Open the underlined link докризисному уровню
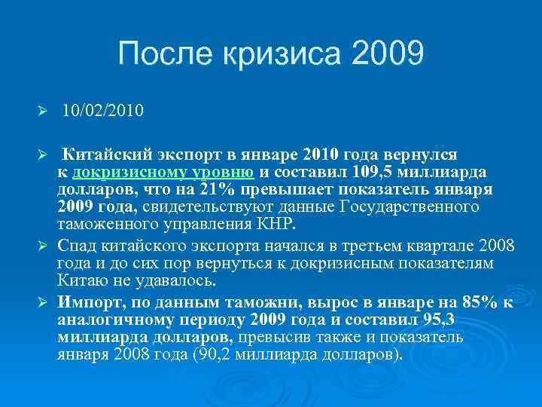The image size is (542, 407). pyautogui.click(x=157, y=172)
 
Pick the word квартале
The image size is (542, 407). pyautogui.click(x=422, y=246)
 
